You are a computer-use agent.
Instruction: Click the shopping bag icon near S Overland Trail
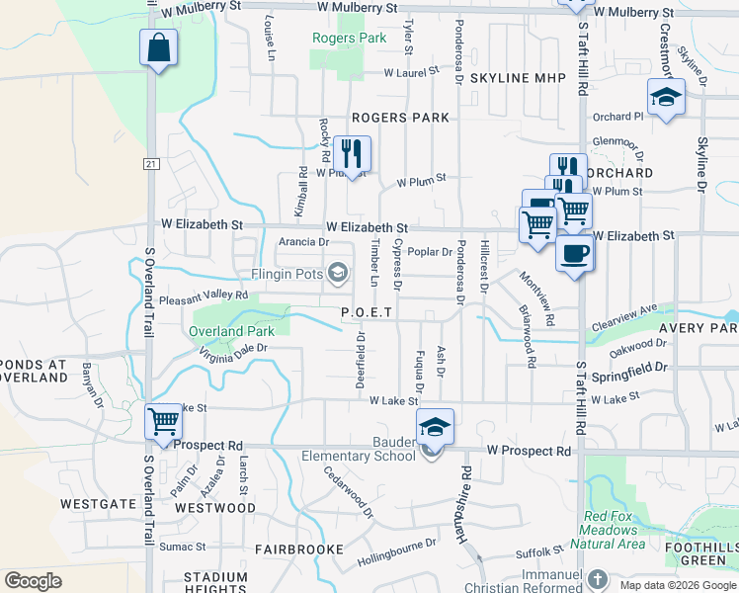tap(158, 47)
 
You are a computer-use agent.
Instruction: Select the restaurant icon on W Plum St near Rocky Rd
tap(352, 153)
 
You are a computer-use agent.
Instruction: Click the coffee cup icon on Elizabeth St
tap(575, 253)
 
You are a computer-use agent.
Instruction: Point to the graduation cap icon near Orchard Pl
tap(666, 97)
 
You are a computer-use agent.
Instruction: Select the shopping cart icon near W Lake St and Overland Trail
tap(163, 421)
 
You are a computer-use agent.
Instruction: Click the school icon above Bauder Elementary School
tap(435, 426)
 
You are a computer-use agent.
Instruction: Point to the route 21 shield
tap(150, 163)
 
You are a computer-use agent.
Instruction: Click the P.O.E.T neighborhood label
tap(368, 312)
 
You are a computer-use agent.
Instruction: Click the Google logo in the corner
tap(33, 580)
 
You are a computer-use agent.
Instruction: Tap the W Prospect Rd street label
tap(529, 451)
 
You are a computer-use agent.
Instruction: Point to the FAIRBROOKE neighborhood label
tap(299, 549)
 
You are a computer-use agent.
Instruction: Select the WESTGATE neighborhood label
tap(98, 504)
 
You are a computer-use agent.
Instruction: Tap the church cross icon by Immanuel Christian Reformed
tap(597, 578)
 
